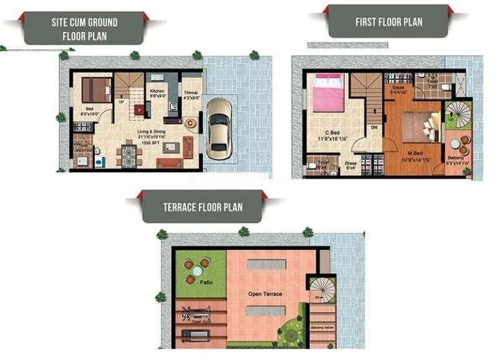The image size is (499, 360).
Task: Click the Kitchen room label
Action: (157, 92)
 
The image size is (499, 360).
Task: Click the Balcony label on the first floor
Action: (456, 158)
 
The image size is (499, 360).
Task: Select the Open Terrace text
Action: (264, 294)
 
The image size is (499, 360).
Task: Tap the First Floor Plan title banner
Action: (388, 22)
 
